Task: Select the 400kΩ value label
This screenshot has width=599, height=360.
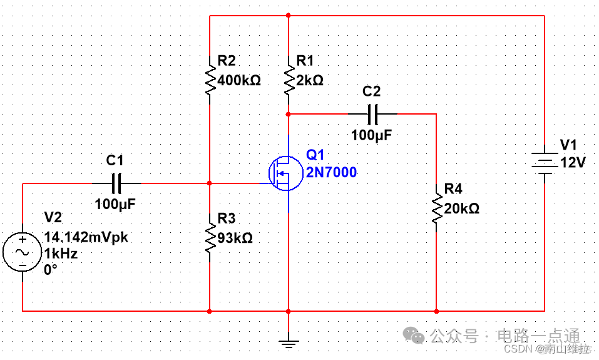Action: pos(238,81)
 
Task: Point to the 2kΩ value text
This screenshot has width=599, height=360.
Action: pos(310,81)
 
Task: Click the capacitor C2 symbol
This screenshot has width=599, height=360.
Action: pos(372,114)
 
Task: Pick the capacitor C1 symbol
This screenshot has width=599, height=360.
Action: pos(116,183)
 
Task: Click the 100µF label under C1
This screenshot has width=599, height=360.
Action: pos(115,204)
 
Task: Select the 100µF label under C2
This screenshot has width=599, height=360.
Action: pos(372,135)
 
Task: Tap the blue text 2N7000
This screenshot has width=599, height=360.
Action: pos(331,172)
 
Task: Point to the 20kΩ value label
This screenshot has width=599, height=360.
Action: pos(461,209)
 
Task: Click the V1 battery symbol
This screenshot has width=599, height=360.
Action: pos(545,162)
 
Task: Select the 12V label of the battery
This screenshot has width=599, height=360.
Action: pos(573,163)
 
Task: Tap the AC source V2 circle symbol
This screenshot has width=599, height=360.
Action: pos(23,252)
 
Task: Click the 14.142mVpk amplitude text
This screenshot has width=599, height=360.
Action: pos(86,238)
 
